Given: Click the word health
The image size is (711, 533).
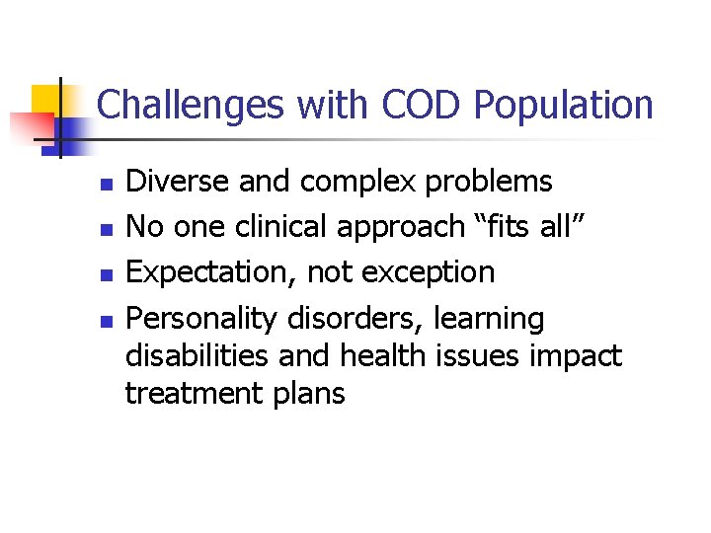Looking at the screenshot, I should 381,356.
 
